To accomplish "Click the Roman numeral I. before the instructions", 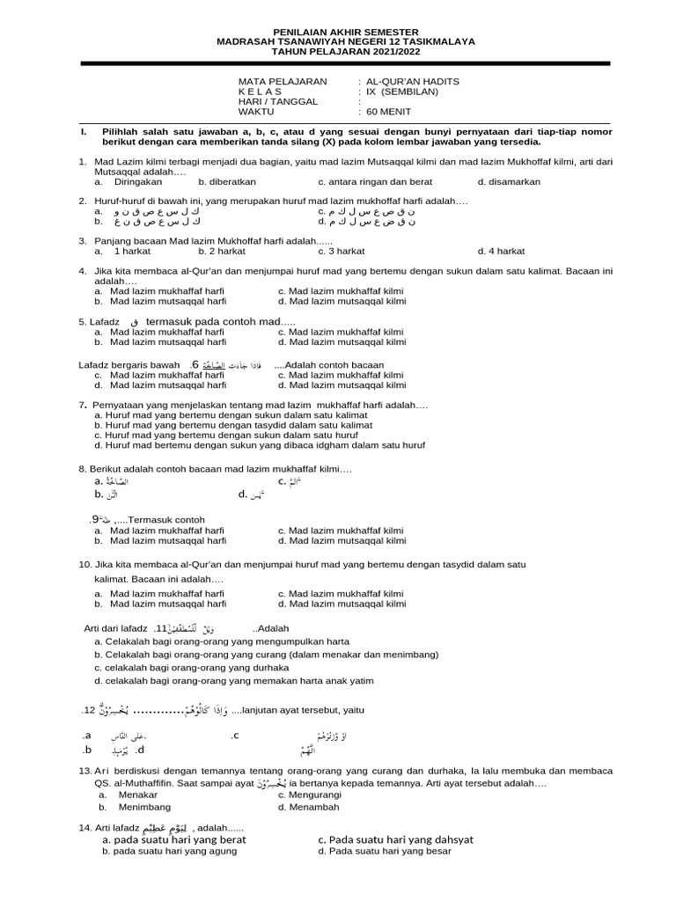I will (82, 131).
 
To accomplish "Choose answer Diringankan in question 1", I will (138, 182).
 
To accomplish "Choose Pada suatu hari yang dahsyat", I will (395, 839).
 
